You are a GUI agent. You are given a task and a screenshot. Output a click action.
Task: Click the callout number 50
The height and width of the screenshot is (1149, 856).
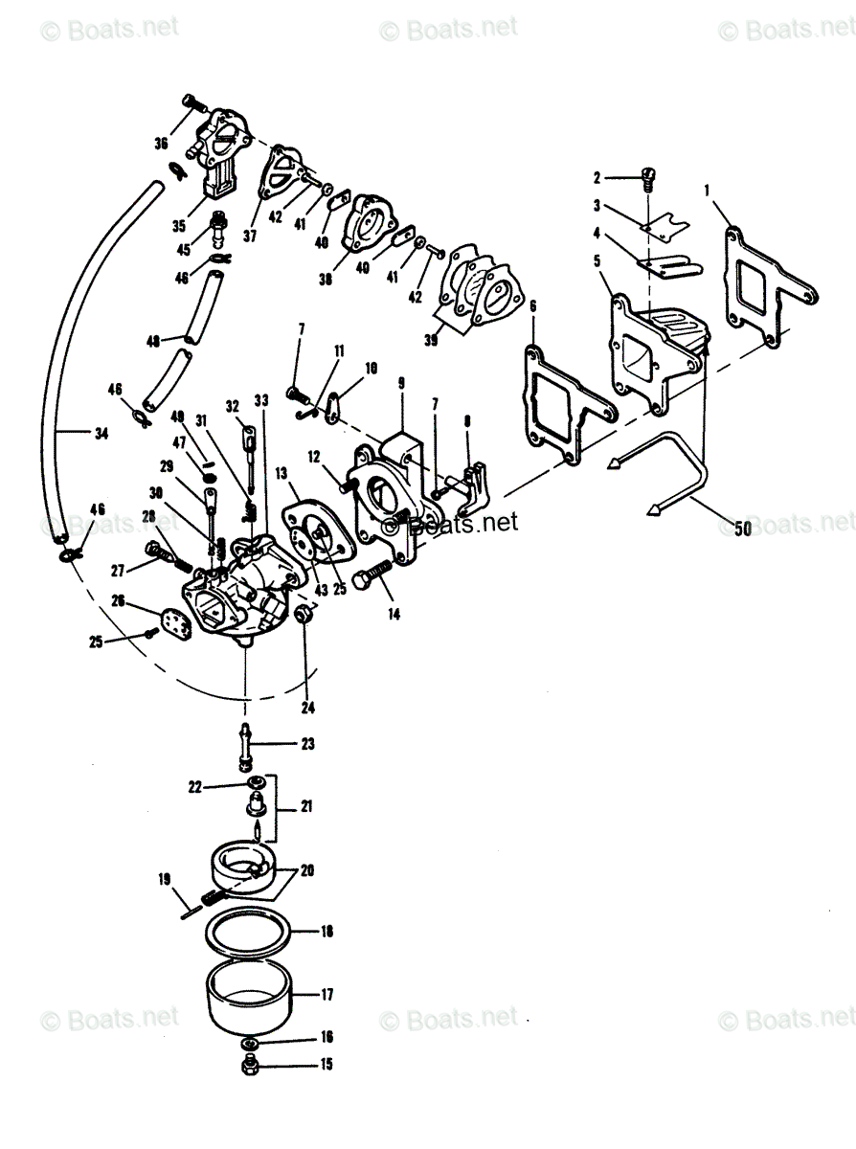[742, 529]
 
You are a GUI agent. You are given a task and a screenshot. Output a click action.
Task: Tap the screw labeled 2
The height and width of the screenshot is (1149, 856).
[647, 178]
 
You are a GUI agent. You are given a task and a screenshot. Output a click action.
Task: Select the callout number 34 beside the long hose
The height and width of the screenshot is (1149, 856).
[101, 433]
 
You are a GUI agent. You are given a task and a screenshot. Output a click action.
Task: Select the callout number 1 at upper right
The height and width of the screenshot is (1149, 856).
[707, 191]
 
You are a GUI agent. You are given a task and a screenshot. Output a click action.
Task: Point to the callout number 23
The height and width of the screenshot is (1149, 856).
[307, 744]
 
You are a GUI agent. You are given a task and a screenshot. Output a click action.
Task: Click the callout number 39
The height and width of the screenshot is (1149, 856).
[431, 340]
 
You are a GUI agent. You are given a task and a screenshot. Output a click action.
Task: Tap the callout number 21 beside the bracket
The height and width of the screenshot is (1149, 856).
[306, 806]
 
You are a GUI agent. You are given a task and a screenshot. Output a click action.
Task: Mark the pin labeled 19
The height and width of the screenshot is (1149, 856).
[191, 915]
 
